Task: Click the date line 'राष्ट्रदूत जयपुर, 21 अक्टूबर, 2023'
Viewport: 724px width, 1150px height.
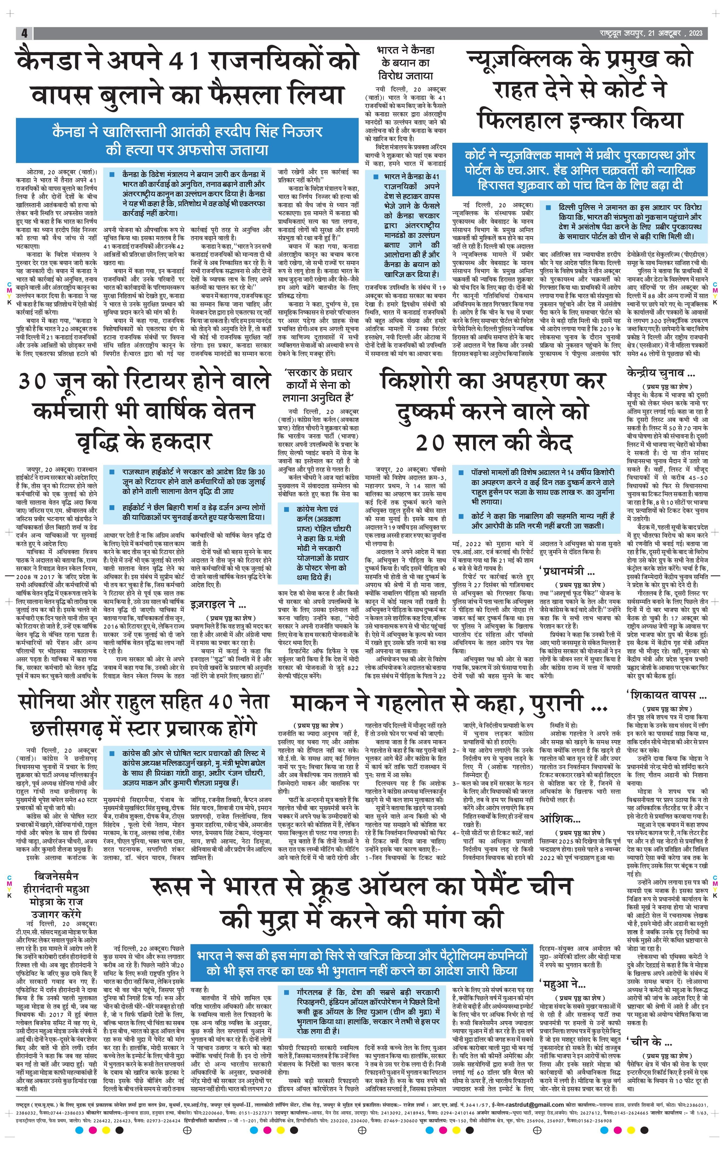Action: [x=651, y=33]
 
